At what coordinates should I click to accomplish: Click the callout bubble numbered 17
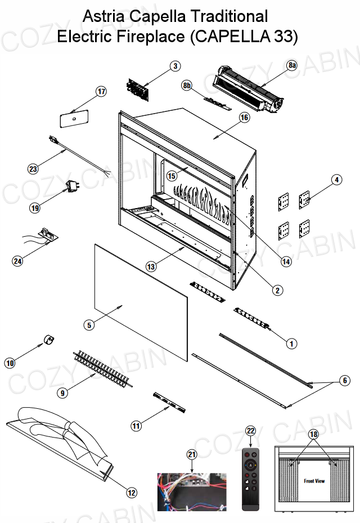(101, 92)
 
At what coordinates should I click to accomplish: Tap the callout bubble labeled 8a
(292, 65)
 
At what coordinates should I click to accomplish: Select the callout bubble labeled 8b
(187, 85)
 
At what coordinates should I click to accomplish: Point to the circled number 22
(250, 431)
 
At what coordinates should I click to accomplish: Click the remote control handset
(250, 480)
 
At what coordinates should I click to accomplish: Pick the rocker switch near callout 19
(72, 186)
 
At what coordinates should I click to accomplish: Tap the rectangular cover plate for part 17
(74, 119)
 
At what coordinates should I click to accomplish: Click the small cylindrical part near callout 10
(49, 340)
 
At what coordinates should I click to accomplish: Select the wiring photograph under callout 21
(192, 492)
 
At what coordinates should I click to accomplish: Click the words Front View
(314, 481)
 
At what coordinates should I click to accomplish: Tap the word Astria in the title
(103, 16)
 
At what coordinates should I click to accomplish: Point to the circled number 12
(132, 493)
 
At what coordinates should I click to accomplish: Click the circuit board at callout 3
(138, 89)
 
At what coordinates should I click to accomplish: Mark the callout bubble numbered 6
(345, 381)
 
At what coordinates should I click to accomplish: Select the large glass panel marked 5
(141, 302)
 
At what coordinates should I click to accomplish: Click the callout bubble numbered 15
(172, 176)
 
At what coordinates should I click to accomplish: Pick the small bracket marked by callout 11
(169, 403)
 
